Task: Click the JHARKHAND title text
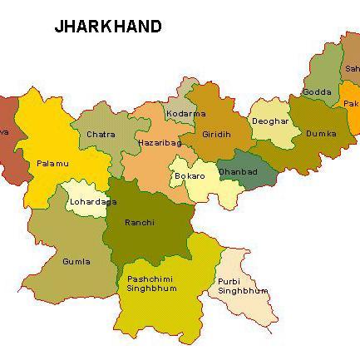pos(108,27)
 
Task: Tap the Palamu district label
pos(52,164)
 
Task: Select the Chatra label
pos(101,134)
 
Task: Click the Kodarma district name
pos(185,113)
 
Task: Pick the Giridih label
pos(219,135)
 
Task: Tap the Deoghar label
pos(270,121)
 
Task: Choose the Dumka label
pos(320,133)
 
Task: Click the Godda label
pos(317,92)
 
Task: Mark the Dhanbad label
pos(237,172)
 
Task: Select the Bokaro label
pos(190,176)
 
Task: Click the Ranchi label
pos(139,222)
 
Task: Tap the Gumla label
pos(76,261)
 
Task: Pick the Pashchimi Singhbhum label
pos(151,284)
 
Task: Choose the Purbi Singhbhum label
pos(242,286)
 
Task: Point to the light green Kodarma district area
pos(185,101)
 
